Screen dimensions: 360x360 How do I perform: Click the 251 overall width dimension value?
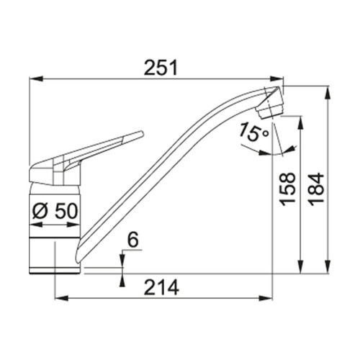click(161, 68)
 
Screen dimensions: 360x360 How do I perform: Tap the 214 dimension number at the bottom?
click(161, 287)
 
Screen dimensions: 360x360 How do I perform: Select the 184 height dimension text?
click(316, 189)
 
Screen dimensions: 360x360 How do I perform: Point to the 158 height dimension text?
click(288, 189)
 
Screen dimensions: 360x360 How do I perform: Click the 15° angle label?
click(254, 132)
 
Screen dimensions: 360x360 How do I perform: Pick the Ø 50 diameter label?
click(55, 211)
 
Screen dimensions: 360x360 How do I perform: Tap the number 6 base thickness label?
click(133, 240)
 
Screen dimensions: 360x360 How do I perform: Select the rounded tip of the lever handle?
click(141, 133)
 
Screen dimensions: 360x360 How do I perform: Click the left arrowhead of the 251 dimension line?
click(36, 78)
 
